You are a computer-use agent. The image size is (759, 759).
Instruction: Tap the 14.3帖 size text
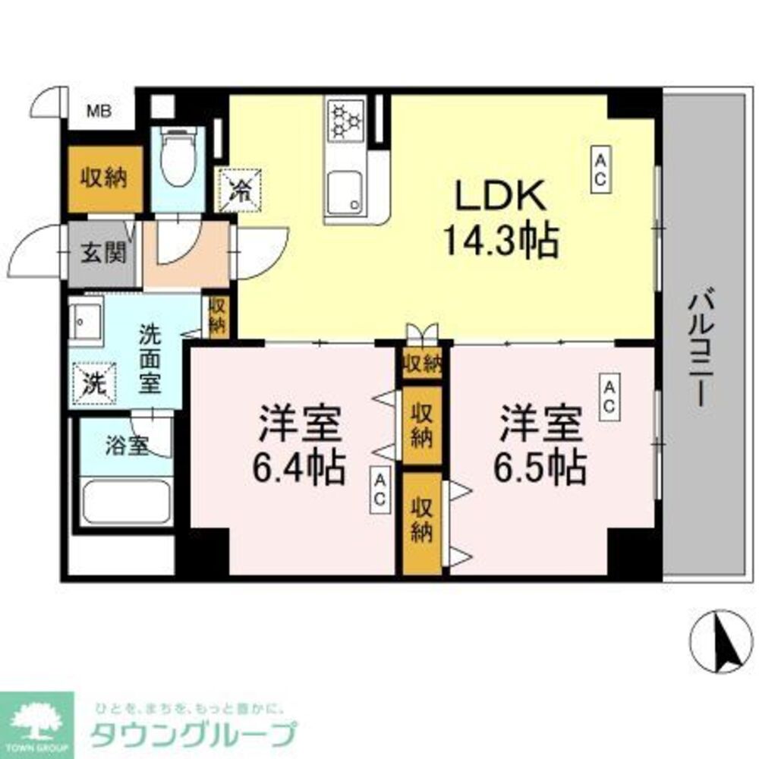point(500,241)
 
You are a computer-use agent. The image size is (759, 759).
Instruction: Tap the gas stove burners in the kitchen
point(346,121)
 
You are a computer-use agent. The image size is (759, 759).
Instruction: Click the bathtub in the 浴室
point(125,501)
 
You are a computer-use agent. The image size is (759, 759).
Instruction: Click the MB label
point(99,112)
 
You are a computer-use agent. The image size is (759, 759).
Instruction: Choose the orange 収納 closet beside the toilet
point(106,178)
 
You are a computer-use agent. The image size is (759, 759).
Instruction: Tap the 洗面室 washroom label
point(149,358)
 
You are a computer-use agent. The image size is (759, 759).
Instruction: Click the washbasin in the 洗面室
point(87,318)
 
